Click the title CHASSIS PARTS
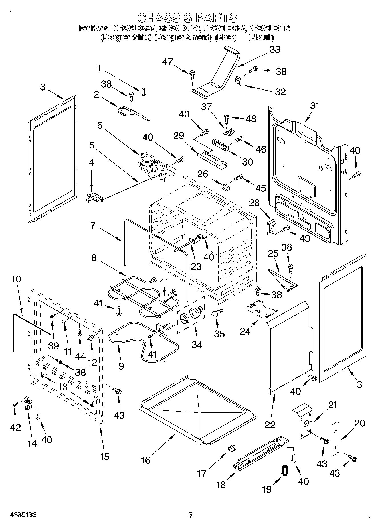187,18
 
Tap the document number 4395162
23,514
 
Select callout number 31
314,106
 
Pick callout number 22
270,425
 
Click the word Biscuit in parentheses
261,37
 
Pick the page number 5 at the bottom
191,515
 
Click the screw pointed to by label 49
286,228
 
